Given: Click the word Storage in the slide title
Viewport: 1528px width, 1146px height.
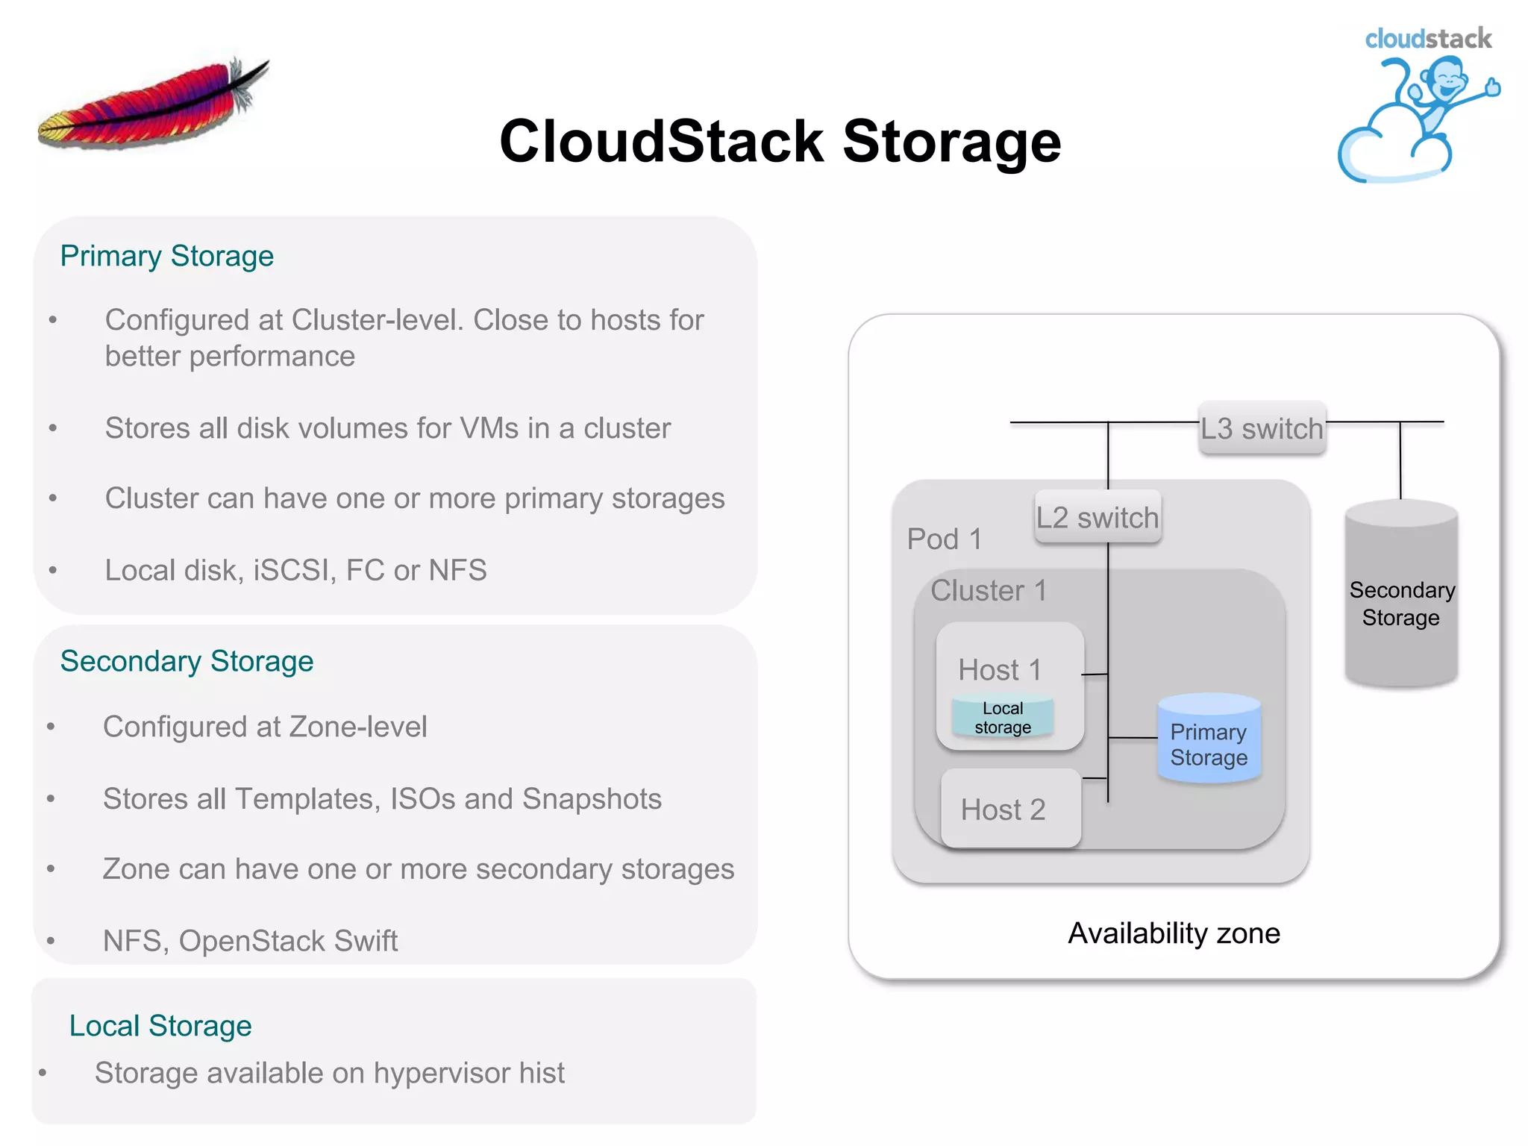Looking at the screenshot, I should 951,141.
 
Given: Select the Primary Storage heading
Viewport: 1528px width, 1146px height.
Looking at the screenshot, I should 166,256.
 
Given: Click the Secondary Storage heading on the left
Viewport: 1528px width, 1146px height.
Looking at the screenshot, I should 187,661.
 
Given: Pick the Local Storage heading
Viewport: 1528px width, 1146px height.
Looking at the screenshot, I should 160,1026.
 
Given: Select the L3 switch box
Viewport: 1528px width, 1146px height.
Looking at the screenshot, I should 1262,428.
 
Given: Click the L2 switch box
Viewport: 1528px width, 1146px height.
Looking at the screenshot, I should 1098,517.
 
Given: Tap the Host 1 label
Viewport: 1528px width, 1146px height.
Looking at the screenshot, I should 1000,669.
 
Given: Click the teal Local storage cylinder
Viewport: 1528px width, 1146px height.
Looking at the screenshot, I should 1002,718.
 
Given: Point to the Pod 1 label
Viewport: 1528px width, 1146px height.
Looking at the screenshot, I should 945,539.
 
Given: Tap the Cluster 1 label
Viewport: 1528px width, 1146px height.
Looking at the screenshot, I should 989,591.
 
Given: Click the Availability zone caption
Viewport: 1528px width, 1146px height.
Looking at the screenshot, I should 1174,933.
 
